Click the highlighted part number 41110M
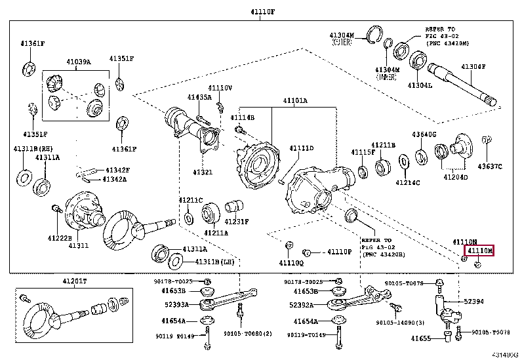click(x=479, y=250)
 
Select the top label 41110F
click(x=260, y=11)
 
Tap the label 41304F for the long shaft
click(x=473, y=67)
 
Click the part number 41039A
click(x=78, y=62)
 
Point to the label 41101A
click(x=294, y=101)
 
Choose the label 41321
click(x=202, y=172)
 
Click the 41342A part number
click(x=115, y=179)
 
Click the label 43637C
click(x=489, y=167)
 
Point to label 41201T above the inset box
click(x=74, y=281)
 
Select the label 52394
click(x=473, y=302)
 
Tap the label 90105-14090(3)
click(x=401, y=323)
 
